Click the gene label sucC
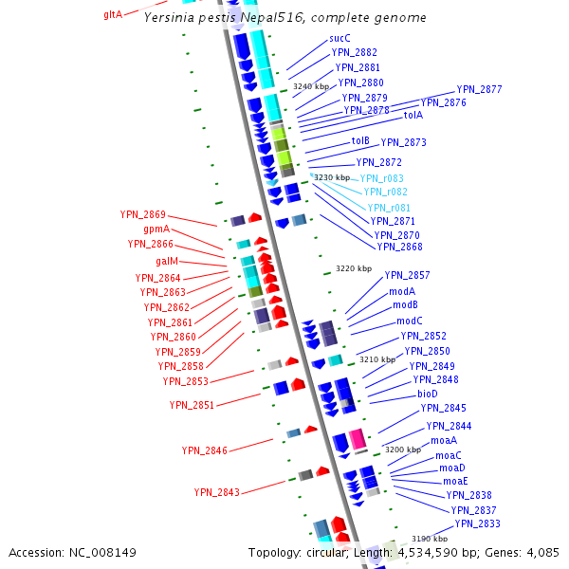click(x=340, y=38)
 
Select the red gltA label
click(x=112, y=15)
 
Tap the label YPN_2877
click(x=479, y=90)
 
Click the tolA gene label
click(x=413, y=116)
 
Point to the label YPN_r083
click(x=381, y=178)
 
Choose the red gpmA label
click(x=156, y=229)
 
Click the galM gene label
click(x=167, y=262)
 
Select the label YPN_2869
click(x=142, y=214)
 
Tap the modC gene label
click(x=410, y=321)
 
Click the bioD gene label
click(x=427, y=394)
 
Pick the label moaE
click(x=455, y=481)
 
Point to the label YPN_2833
click(x=477, y=523)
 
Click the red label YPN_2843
click(x=217, y=492)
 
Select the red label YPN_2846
click(x=204, y=450)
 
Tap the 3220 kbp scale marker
click(x=353, y=268)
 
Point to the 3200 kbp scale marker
click(x=401, y=450)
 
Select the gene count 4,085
click(x=541, y=552)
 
